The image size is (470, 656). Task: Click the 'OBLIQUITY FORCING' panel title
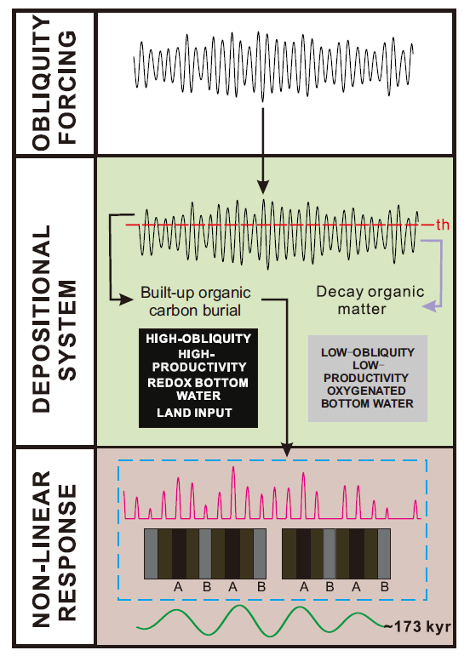[54, 83]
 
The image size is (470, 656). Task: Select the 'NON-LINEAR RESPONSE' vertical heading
[54, 549]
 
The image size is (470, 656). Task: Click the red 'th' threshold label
[443, 225]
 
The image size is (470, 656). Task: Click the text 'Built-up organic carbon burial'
[196, 301]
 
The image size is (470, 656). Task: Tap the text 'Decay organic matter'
[370, 300]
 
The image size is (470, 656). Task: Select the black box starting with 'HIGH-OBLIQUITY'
[198, 378]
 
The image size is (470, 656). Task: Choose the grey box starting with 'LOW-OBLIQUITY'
[368, 379]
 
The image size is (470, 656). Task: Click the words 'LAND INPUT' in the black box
[194, 413]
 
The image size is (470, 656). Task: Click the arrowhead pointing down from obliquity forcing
[263, 187]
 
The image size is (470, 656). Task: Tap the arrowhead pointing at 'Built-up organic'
[127, 299]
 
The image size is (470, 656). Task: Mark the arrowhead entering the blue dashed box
[287, 450]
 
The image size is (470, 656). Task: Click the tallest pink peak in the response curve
[233, 469]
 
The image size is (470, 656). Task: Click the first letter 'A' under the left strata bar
[178, 587]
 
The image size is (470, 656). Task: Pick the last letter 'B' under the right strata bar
[385, 587]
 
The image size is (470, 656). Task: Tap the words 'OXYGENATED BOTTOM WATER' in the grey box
[367, 397]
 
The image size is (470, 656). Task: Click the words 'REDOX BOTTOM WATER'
[198, 389]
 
